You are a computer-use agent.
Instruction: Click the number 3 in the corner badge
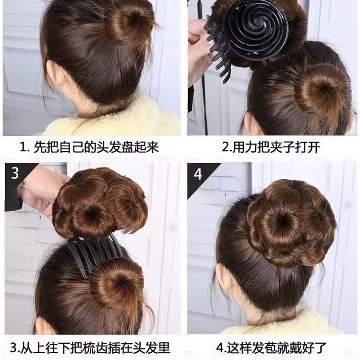point(15,173)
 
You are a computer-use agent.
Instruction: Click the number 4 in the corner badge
point(198,173)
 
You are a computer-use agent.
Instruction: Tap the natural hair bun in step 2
point(319,89)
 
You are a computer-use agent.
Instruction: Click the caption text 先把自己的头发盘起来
point(91,147)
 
